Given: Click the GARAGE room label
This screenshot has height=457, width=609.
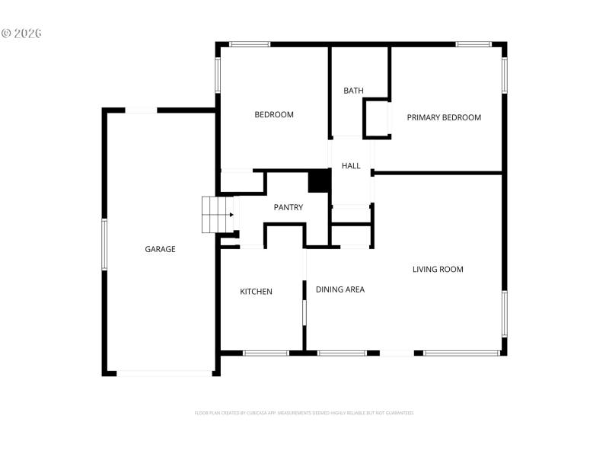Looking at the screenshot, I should coord(160,249).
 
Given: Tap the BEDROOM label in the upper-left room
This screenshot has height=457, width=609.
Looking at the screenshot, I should coord(273,115).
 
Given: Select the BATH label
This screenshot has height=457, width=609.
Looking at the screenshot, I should coord(353,91).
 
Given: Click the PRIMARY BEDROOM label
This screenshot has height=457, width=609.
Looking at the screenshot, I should coord(444,117).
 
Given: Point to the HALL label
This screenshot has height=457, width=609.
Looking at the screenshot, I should coord(351,166).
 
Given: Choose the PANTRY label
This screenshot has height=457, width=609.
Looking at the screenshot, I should coord(289,207).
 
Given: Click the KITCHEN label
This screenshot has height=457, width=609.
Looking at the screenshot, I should coord(256,292).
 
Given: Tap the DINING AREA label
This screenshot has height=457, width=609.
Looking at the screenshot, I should coord(340,289).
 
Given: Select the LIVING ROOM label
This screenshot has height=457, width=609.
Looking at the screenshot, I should coord(438,269).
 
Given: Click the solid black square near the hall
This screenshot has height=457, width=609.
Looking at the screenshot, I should coord(319,181).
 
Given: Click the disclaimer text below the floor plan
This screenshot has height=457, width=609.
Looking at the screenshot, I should coord(304,413).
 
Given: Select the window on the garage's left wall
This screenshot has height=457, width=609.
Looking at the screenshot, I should coord(104,244).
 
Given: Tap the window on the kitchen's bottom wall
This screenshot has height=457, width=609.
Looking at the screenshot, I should coord(266,353).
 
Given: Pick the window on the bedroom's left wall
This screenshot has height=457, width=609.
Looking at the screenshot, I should coord(218,75).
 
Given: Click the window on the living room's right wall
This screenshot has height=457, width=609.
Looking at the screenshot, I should coord(504,313).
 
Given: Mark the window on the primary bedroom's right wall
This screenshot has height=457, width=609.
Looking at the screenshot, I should coord(504,75).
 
